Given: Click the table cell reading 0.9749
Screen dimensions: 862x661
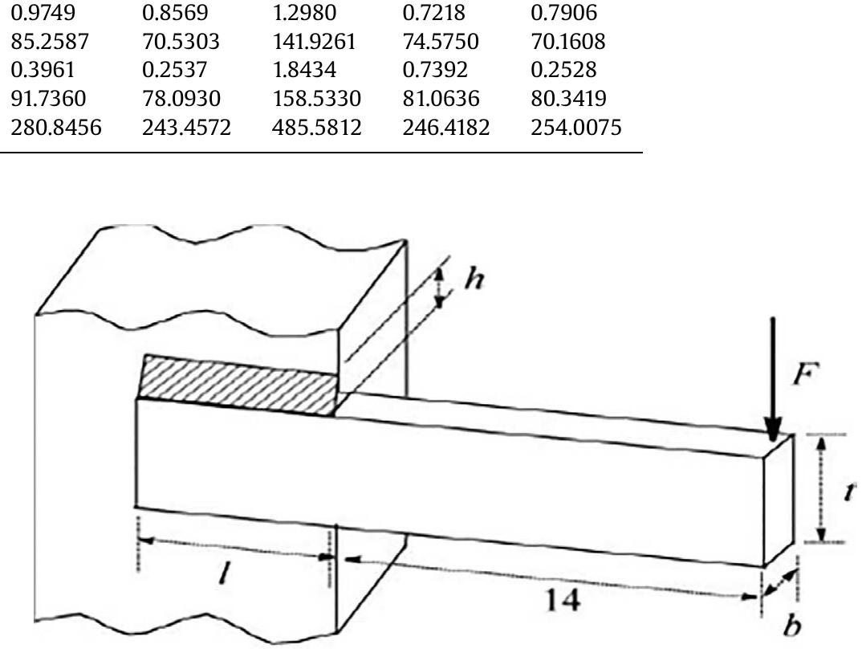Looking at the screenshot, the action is tap(43, 13).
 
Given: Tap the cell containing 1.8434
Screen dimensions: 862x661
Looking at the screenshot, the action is tap(304, 70).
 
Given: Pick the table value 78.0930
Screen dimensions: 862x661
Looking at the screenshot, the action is tap(181, 99).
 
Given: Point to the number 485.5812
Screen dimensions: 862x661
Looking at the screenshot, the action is tap(317, 127).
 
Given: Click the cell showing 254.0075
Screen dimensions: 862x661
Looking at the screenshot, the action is tap(576, 127).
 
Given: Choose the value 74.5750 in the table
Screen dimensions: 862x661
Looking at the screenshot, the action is tap(441, 41).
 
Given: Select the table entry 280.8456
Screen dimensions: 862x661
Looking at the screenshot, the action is tap(56, 127).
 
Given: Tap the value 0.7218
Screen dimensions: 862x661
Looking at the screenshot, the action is tap(433, 13).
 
